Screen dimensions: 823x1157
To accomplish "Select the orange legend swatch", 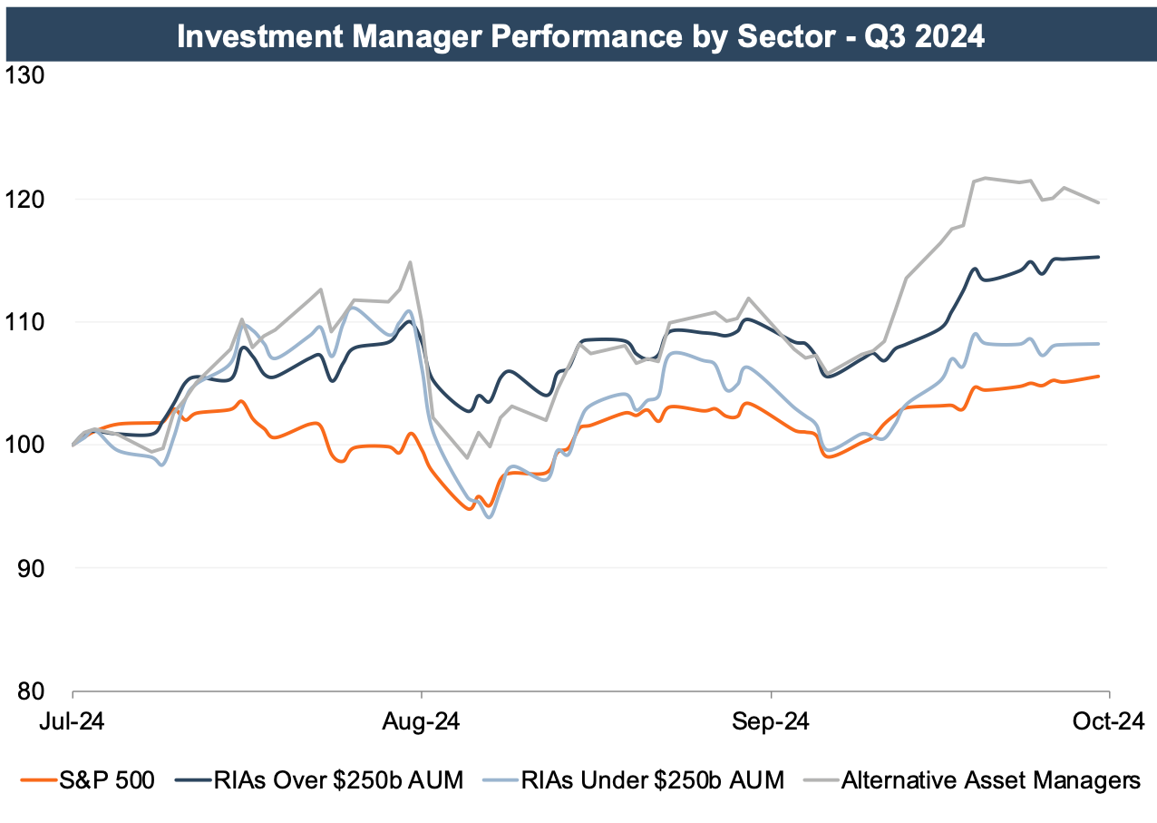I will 39,779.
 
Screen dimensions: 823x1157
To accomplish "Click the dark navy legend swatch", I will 193,779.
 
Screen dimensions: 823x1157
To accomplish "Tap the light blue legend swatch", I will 501,779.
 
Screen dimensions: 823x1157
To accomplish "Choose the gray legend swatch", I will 821,779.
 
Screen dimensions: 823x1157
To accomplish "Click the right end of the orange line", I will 1100,376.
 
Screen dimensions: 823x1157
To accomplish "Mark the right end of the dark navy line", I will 1100,257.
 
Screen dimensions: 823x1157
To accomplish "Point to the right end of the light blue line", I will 1100,344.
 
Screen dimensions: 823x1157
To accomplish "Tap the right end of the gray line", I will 1100,202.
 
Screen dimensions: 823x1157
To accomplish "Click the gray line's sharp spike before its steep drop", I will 411,262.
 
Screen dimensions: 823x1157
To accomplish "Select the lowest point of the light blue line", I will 490,517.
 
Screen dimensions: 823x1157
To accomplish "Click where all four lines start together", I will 73,445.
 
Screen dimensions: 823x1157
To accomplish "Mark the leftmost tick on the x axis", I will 73,695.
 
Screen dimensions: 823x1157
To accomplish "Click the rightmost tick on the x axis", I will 1110,695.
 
